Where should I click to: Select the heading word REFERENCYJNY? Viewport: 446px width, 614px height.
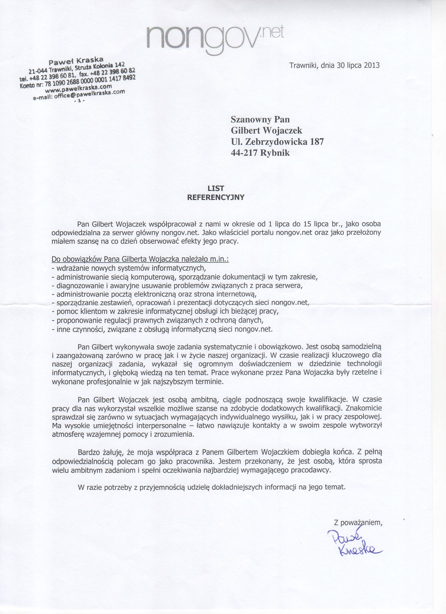click(216, 197)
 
